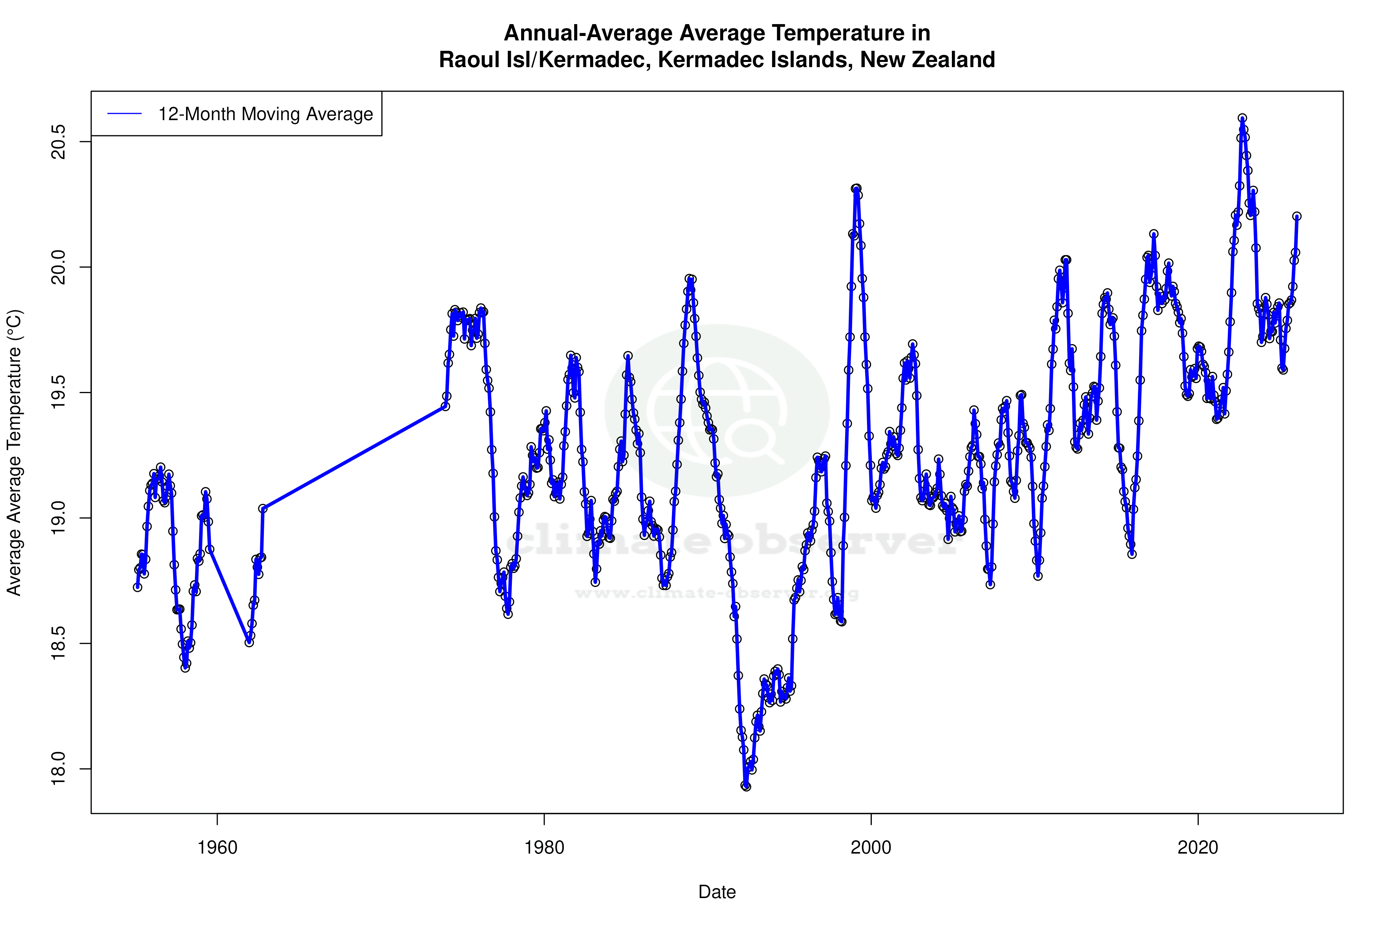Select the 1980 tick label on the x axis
click(544, 848)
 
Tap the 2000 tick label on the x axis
click(871, 848)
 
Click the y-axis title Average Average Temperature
click(14, 452)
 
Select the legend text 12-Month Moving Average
click(265, 114)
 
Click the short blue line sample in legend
click(125, 114)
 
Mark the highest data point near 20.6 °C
click(1242, 118)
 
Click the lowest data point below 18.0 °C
click(746, 786)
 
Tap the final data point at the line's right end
click(1297, 217)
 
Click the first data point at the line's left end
click(137, 587)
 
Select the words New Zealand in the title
click(927, 60)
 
